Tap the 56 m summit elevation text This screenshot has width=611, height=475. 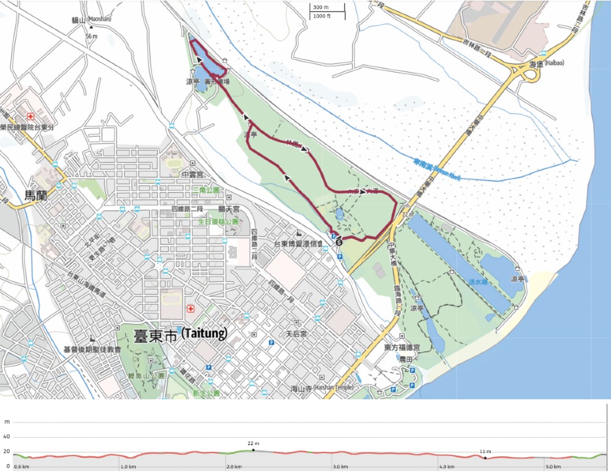click(x=92, y=37)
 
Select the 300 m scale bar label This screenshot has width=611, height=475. click(x=321, y=7)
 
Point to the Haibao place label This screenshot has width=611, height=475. click(x=543, y=63)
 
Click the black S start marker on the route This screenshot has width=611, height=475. click(x=339, y=242)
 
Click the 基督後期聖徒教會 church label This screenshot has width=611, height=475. click(x=92, y=349)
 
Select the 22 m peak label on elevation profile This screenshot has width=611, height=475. click(x=254, y=443)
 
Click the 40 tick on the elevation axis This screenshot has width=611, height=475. click(x=7, y=437)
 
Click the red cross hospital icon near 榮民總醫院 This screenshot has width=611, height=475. click(x=30, y=116)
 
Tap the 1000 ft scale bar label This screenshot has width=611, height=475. click(x=322, y=16)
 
